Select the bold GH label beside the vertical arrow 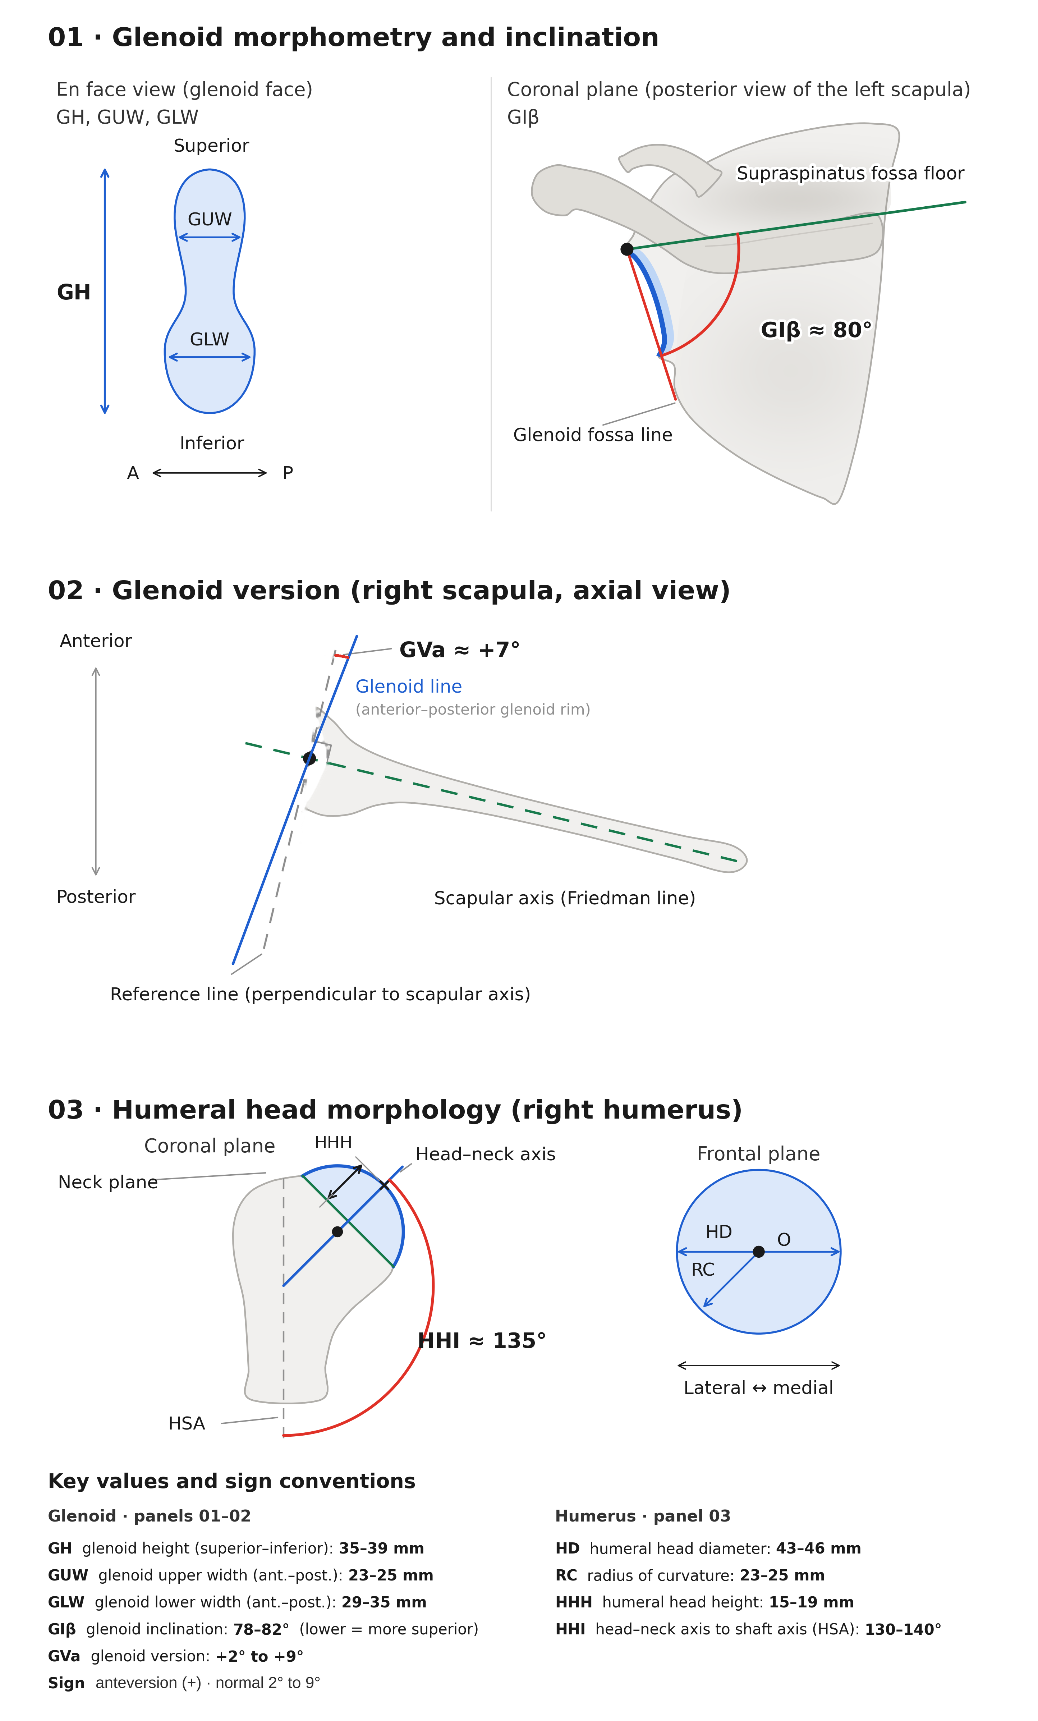click(x=73, y=292)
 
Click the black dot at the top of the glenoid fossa click(x=626, y=249)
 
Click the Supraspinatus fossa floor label click(x=850, y=173)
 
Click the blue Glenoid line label click(x=409, y=687)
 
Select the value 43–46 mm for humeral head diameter click(x=818, y=1548)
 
